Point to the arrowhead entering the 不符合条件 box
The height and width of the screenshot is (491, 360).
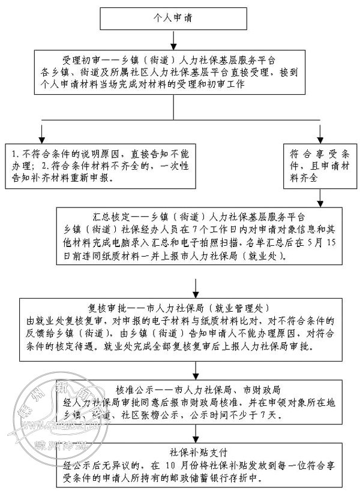(41, 137)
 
